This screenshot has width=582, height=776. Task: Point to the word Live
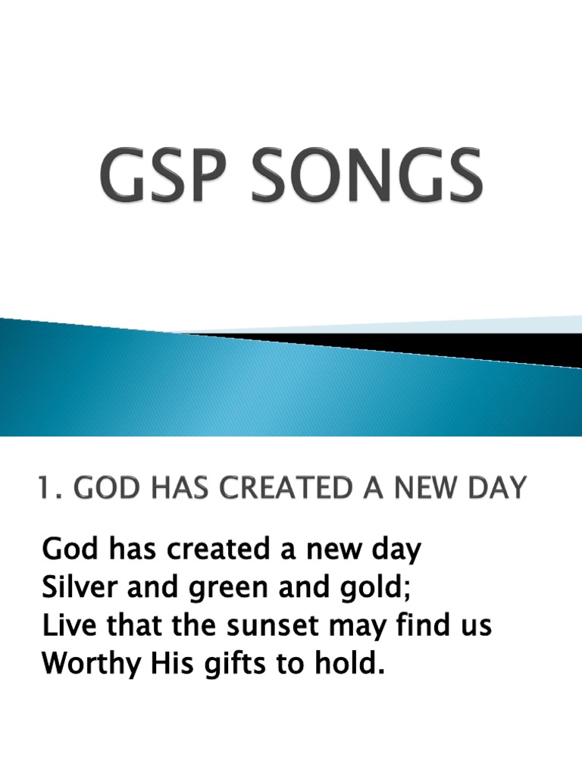click(x=64, y=626)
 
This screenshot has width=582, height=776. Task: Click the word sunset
click(x=267, y=627)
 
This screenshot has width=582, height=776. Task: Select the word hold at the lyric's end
click(x=350, y=665)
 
